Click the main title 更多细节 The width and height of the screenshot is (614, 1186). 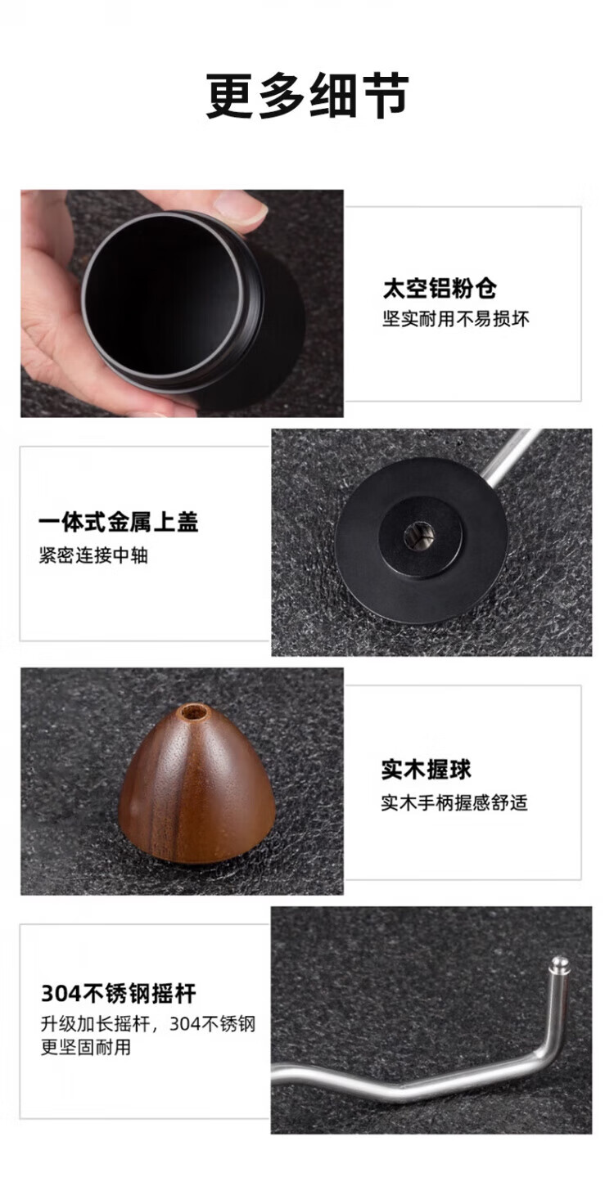point(307,96)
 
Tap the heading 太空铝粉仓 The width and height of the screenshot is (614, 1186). point(439,289)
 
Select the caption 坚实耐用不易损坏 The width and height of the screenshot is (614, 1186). point(456,319)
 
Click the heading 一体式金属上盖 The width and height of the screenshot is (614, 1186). point(118,522)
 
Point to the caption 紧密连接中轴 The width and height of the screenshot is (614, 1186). point(93,555)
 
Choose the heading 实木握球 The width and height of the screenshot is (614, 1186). point(426,770)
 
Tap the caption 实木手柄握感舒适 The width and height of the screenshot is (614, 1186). point(454,802)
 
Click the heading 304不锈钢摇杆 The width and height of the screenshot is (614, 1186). point(119,994)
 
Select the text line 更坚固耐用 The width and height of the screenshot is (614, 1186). point(85,1047)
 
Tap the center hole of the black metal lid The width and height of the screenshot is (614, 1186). point(419,537)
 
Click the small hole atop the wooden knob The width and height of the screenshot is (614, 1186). point(193,712)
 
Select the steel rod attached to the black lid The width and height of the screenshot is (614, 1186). point(511,456)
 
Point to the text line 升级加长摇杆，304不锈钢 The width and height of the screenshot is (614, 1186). point(148,1023)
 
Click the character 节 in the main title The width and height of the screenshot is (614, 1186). point(384,96)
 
